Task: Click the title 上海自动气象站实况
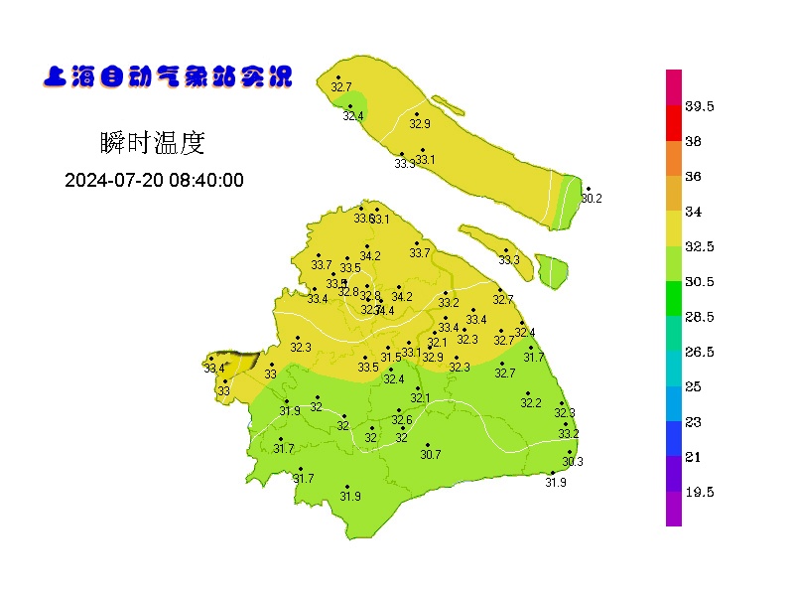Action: [169, 76]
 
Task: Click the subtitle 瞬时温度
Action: [153, 143]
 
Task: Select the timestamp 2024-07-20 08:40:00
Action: [154, 181]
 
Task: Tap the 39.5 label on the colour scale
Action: [700, 106]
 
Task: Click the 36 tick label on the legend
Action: [693, 177]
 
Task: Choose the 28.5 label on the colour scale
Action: [700, 317]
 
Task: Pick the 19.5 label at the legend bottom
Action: [700, 492]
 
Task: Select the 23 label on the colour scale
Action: [693, 422]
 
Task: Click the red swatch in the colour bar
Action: [674, 123]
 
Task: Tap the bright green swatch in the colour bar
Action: [674, 298]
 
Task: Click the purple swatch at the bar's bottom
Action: [674, 509]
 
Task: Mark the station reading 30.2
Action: [592, 199]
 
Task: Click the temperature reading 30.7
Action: [430, 455]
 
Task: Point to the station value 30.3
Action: [573, 462]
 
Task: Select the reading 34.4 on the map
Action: [384, 311]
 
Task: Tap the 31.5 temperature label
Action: [391, 358]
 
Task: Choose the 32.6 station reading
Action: [401, 420]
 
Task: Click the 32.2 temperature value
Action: [531, 403]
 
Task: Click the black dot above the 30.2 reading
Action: [588, 189]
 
